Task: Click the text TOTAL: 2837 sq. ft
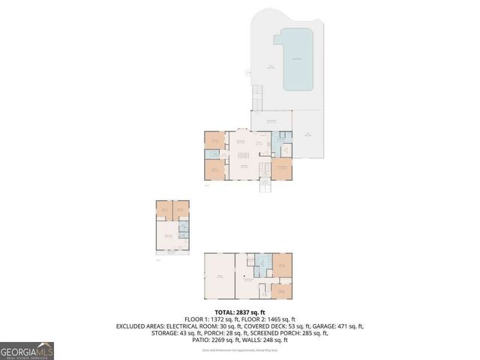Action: pos(240,312)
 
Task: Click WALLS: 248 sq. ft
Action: pos(260,340)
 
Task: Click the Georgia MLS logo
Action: pos(27,349)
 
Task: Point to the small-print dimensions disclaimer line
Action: pos(240,347)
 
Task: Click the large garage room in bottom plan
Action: pos(219,277)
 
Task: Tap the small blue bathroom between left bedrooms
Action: pos(214,154)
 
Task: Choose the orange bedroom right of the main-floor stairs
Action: pos(281,168)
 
